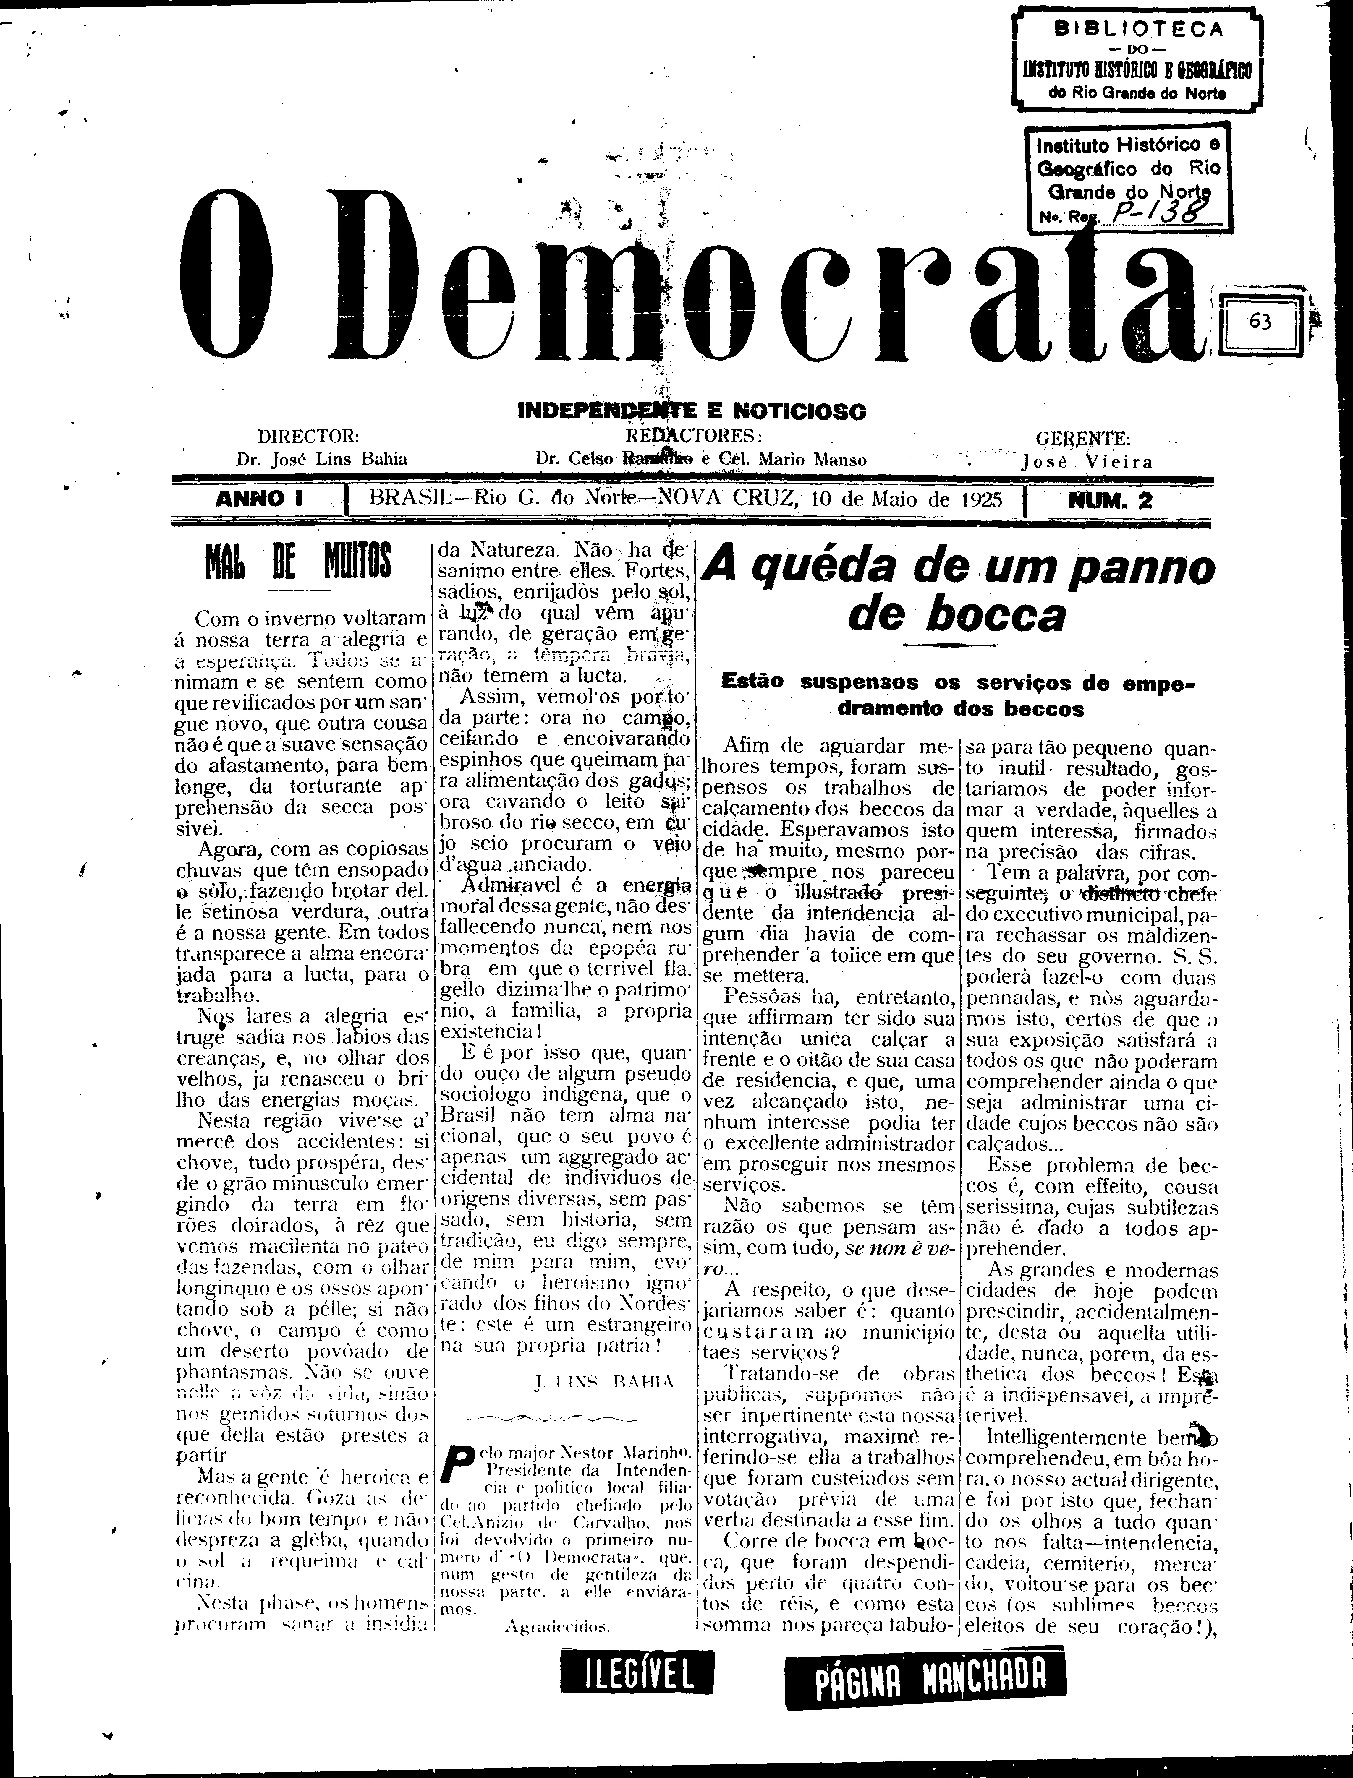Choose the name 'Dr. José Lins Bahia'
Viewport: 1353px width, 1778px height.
click(321, 460)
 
